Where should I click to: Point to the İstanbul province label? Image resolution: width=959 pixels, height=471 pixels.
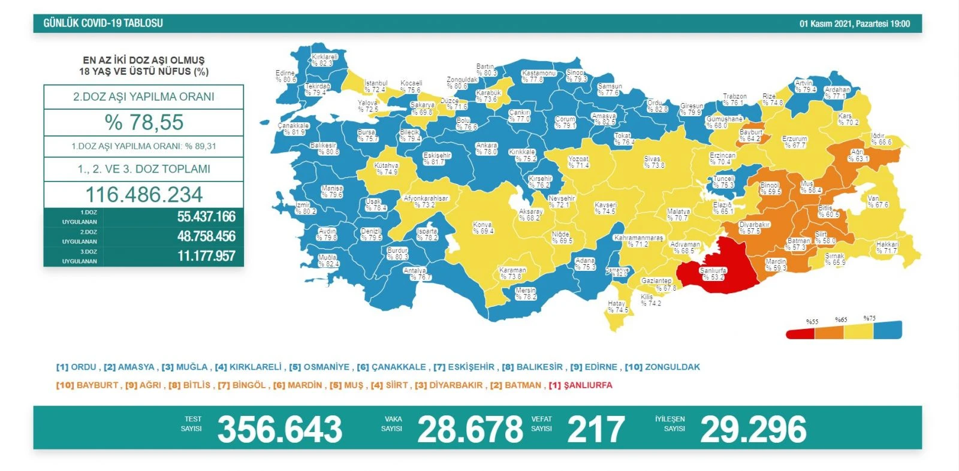pos(375,86)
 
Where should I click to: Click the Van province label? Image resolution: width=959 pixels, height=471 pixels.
pos(877,201)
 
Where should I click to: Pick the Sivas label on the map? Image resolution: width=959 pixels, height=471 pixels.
pos(653,162)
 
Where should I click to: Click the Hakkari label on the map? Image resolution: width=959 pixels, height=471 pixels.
pos(887,247)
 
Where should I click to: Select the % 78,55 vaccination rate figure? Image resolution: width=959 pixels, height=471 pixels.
pos(144,122)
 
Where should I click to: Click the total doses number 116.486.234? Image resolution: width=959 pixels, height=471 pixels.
pos(144,195)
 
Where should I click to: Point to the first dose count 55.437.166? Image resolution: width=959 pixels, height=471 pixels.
pos(206,217)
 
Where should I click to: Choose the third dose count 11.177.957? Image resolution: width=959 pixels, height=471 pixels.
pos(206,256)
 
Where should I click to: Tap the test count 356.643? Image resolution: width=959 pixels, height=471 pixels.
pos(280,429)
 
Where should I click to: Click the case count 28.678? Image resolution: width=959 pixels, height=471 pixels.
pos(470,429)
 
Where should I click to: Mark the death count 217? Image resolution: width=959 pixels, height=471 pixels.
pos(596,429)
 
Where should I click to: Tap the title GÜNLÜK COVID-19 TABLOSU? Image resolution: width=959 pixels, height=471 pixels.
pos(103,23)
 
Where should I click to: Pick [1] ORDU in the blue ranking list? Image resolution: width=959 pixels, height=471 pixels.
pos(76,367)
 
